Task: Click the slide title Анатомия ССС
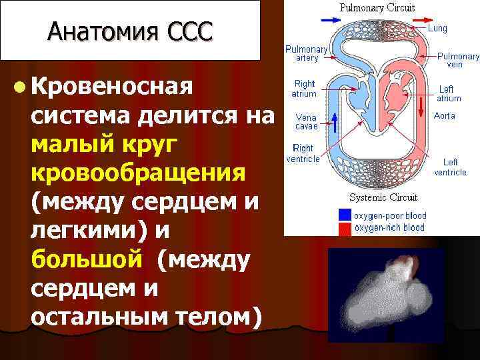131,31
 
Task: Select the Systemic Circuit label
383,197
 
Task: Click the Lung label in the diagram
437,29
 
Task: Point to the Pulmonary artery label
306,54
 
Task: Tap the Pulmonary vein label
458,61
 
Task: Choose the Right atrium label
304,89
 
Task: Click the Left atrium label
448,93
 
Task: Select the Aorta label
445,115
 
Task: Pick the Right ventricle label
303,153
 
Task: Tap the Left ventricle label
450,167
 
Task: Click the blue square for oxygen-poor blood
345,215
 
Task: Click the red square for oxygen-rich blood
345,228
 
